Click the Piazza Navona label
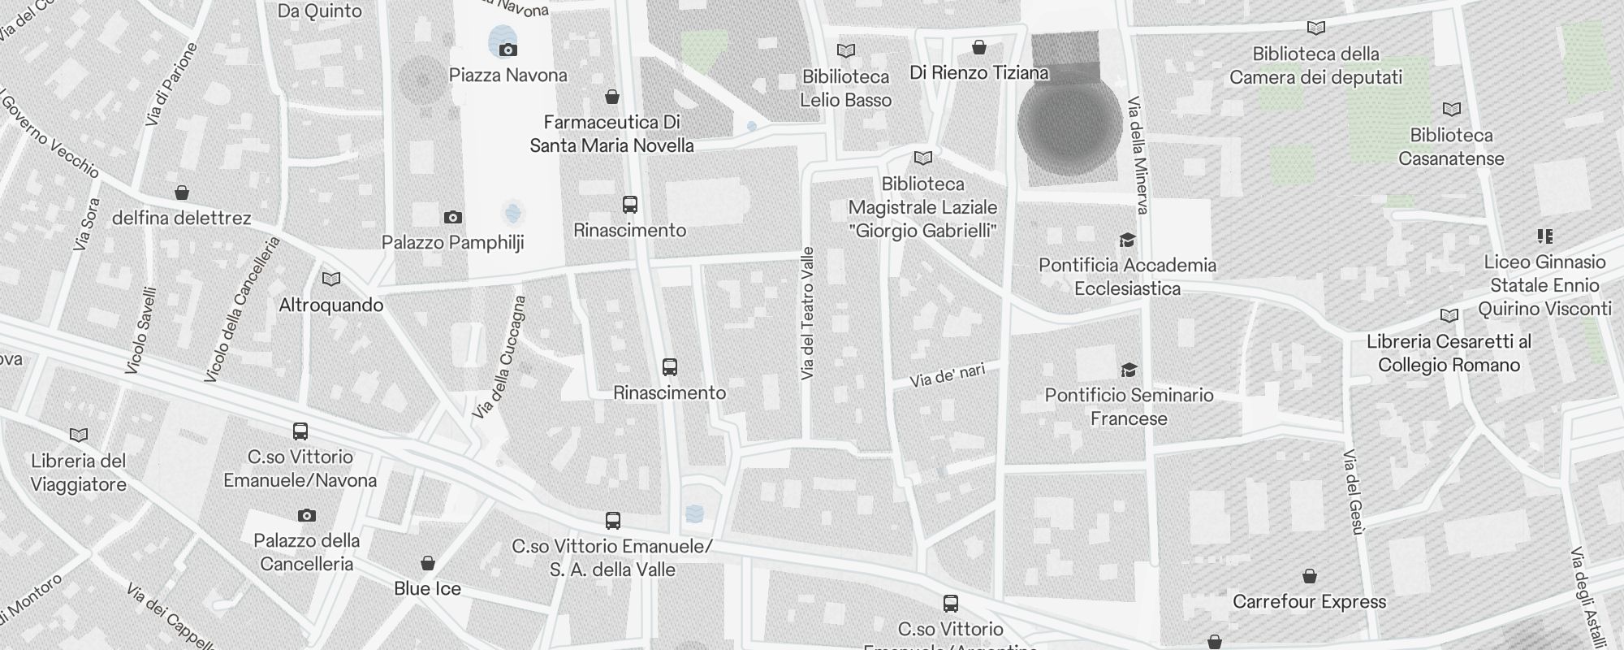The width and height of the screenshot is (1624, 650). (x=508, y=76)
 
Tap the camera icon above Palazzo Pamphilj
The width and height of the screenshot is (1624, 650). (x=453, y=217)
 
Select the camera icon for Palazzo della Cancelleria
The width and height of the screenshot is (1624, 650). (x=306, y=515)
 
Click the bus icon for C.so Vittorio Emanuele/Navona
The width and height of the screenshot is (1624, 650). (x=300, y=431)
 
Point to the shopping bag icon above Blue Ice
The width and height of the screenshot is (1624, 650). (x=427, y=563)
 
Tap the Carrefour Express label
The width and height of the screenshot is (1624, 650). (x=1309, y=602)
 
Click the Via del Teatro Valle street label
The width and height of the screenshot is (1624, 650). (x=806, y=314)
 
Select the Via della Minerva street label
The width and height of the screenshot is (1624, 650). (x=1138, y=156)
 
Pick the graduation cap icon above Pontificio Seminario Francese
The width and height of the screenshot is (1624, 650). (x=1129, y=370)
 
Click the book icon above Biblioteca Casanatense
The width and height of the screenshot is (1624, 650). (x=1451, y=109)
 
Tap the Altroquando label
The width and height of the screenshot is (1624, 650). (x=330, y=305)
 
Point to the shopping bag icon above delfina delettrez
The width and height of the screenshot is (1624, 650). (x=182, y=193)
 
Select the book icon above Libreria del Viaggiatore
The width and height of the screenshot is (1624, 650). (x=79, y=435)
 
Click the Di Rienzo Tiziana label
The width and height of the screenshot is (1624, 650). (x=978, y=73)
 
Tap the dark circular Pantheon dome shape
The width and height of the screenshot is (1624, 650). (x=1069, y=123)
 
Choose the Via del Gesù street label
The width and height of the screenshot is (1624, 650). (x=1351, y=492)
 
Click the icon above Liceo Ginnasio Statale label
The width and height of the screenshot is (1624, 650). (x=1544, y=236)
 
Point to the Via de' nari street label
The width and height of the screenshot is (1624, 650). (x=947, y=375)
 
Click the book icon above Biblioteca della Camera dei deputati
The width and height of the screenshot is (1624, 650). (x=1316, y=28)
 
